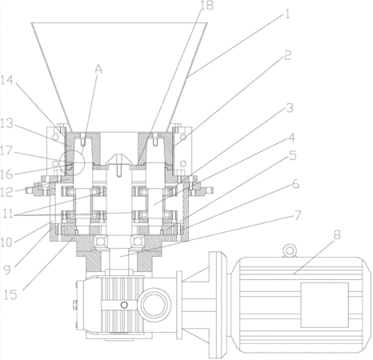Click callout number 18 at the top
click(x=207, y=6)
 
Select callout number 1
click(x=287, y=14)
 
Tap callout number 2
click(x=287, y=55)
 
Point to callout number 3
click(x=290, y=108)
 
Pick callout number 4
click(x=291, y=138)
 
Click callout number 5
click(x=293, y=155)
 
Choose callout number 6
click(x=295, y=184)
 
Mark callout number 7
click(x=298, y=215)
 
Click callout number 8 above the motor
click(x=337, y=235)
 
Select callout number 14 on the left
click(x=6, y=80)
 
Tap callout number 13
click(x=6, y=123)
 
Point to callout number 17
click(x=6, y=150)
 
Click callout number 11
click(x=8, y=214)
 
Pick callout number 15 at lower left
click(x=10, y=294)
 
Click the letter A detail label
click(x=98, y=70)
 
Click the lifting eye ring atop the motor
click(x=290, y=251)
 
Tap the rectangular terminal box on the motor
click(x=325, y=305)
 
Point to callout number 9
click(x=7, y=270)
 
